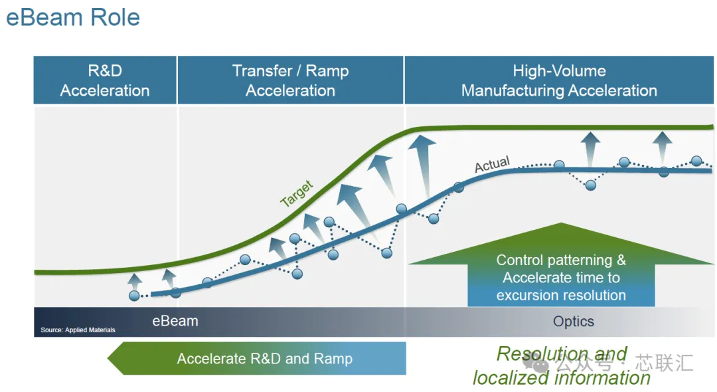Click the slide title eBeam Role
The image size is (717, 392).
(x=73, y=17)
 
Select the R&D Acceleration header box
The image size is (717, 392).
(x=105, y=80)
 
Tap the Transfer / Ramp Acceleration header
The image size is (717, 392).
(x=290, y=80)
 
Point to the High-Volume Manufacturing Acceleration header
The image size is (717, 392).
(x=559, y=80)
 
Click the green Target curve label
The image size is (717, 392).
(x=296, y=193)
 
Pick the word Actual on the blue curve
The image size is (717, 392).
(x=492, y=164)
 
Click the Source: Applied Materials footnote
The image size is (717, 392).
(x=78, y=330)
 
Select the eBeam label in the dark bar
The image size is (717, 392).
(x=175, y=321)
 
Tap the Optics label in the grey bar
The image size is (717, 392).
(x=574, y=321)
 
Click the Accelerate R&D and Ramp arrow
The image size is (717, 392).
(x=256, y=359)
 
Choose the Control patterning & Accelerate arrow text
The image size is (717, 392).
(x=561, y=277)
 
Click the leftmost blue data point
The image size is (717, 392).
(x=134, y=296)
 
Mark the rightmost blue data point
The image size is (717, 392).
(x=696, y=161)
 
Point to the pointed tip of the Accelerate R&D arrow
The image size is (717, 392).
(x=108, y=359)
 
